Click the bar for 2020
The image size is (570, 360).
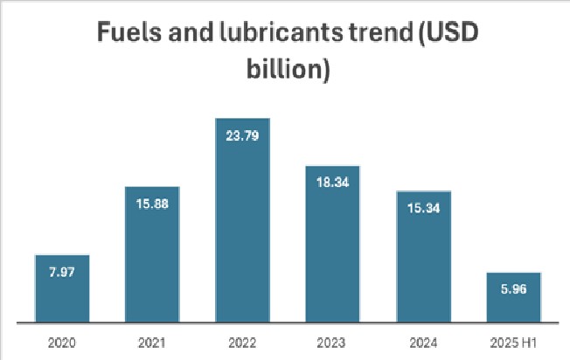click(62, 288)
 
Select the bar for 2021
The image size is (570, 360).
click(152, 254)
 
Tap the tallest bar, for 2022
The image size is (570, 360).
click(242, 220)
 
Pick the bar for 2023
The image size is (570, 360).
click(332, 244)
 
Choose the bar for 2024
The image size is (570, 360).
click(424, 257)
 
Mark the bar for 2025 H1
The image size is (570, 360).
click(514, 297)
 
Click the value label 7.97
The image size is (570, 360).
click(62, 272)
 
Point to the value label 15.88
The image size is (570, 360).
click(152, 204)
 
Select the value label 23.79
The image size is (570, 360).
click(242, 135)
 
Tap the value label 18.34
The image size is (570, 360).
click(332, 183)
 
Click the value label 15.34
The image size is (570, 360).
click(423, 208)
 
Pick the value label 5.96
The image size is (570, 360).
click(514, 289)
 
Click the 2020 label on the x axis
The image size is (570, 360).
click(62, 343)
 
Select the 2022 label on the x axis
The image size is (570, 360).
click(242, 343)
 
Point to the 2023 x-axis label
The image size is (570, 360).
click(331, 343)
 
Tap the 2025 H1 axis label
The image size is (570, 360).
click(513, 343)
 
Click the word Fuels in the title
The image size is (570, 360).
click(129, 31)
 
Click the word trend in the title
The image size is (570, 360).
click(381, 31)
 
